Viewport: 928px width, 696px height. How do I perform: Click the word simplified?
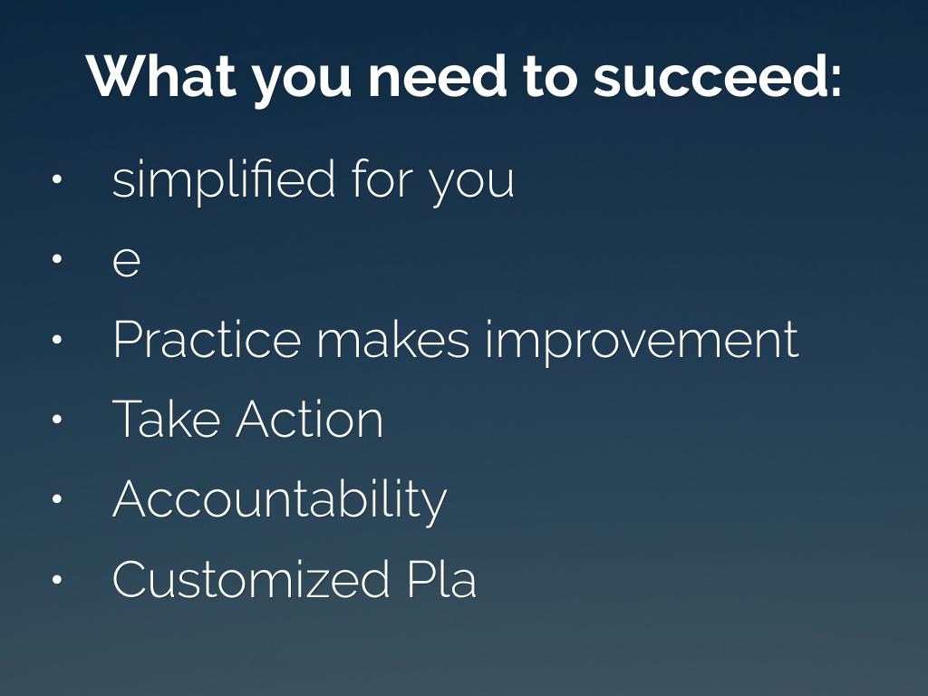click(x=224, y=179)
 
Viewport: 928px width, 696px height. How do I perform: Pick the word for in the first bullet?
click(x=382, y=178)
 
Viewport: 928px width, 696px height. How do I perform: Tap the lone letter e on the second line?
click(x=126, y=260)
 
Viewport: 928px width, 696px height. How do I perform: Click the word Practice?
click(x=207, y=339)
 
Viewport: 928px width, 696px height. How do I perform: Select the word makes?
click(x=393, y=339)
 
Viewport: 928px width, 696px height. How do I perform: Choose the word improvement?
click(x=643, y=341)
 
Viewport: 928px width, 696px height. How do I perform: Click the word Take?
click(x=166, y=419)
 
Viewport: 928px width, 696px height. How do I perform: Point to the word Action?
click(x=310, y=419)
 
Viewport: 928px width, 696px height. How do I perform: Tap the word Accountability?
click(x=279, y=500)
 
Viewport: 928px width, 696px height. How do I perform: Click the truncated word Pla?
click(x=441, y=578)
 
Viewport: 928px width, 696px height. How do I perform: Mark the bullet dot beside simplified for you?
click(x=57, y=179)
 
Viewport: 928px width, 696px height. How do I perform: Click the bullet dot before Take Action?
click(x=57, y=419)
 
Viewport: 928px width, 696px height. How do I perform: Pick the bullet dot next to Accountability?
click(x=57, y=499)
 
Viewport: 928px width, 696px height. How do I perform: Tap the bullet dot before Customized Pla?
click(x=57, y=579)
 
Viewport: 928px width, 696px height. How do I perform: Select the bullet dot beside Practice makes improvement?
click(x=57, y=339)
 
